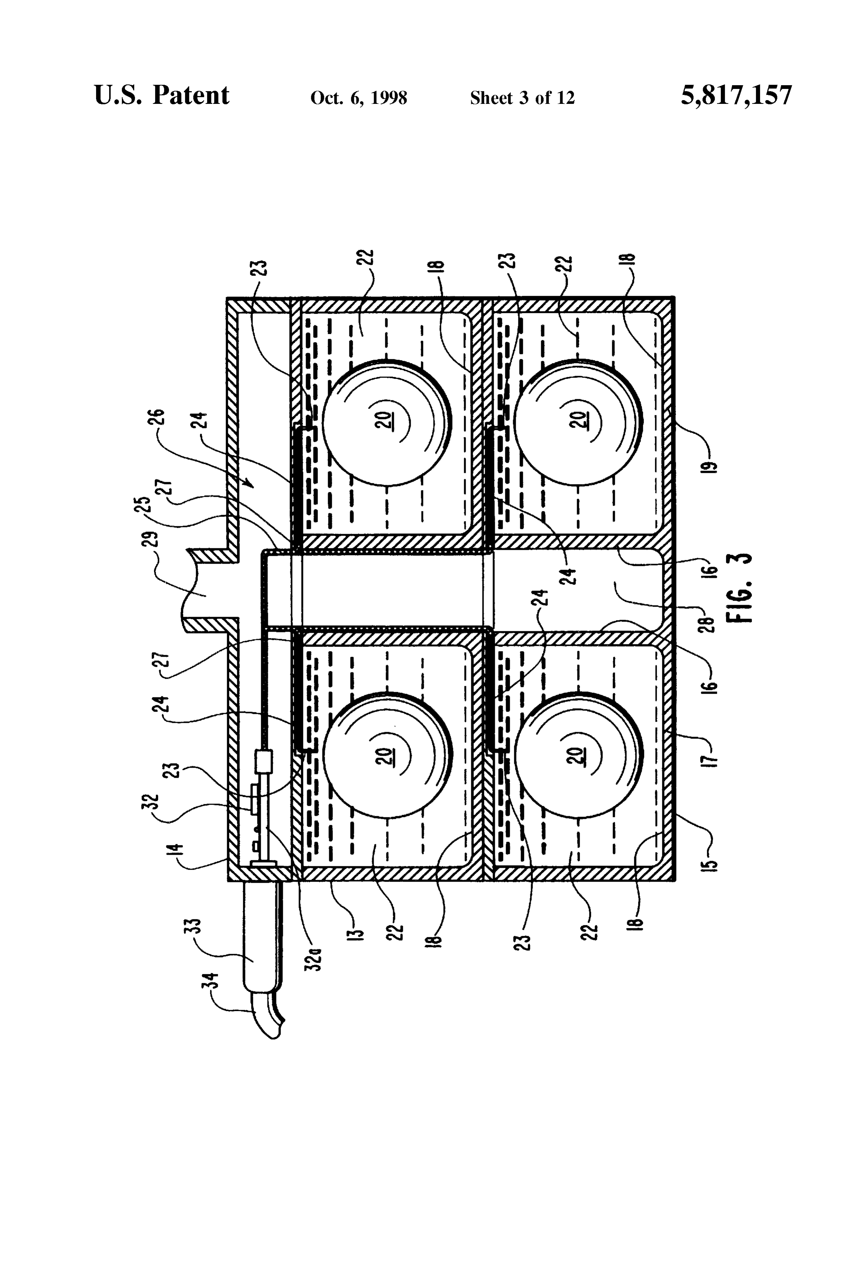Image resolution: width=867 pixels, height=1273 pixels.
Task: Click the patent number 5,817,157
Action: [x=736, y=95]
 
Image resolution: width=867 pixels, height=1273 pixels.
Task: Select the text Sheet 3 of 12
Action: [x=522, y=98]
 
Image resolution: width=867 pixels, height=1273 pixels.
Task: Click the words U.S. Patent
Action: [x=162, y=95]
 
